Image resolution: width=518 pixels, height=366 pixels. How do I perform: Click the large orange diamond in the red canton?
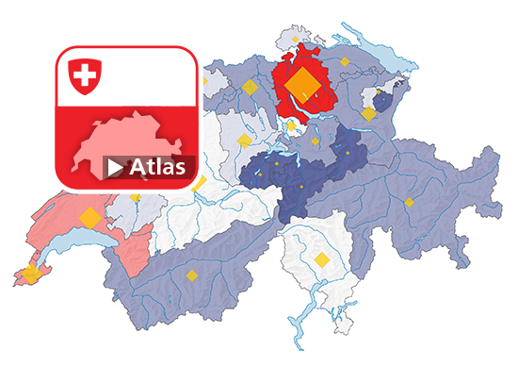302,84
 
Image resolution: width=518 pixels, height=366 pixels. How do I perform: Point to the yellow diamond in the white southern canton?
322,259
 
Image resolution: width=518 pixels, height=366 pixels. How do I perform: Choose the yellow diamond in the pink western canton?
89,217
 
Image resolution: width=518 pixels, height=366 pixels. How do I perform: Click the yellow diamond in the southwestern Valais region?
191,275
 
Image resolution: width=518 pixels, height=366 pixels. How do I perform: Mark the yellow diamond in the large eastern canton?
410,201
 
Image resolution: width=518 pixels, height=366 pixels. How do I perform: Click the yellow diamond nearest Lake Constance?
345,61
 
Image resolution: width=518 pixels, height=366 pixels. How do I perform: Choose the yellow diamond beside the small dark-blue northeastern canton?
368,112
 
